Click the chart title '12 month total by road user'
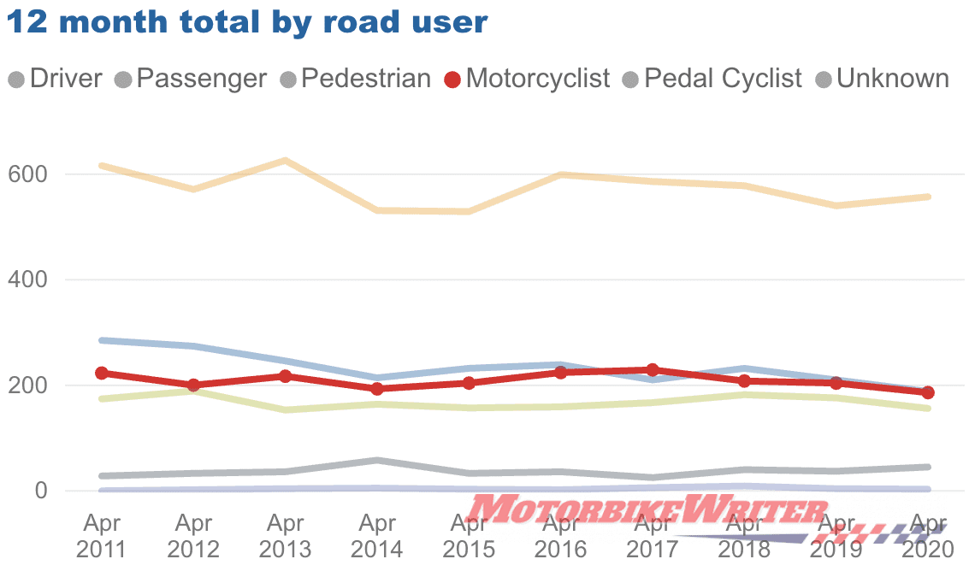coord(247,22)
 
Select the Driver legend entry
coord(56,79)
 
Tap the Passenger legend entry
coord(191,79)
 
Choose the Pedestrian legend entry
coord(356,79)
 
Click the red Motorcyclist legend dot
coord(453,80)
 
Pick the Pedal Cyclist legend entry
coord(712,79)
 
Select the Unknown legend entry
coord(883,79)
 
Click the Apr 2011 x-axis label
coord(102,535)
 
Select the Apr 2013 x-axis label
coord(285,535)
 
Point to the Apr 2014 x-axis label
coord(377,535)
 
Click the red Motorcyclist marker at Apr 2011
coord(102,373)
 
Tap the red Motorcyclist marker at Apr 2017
coord(653,370)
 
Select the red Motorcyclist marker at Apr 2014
coord(377,389)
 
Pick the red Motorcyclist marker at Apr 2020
coord(927,392)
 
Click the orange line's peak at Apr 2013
coord(285,160)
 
